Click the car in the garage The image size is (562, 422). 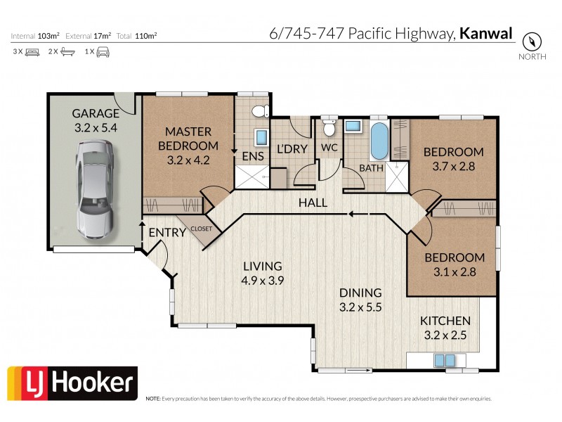[95, 187]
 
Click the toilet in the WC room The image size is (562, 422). [328, 127]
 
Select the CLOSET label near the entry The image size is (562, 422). [201, 228]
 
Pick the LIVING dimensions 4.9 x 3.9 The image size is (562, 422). [262, 280]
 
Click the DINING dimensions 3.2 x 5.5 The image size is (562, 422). [360, 307]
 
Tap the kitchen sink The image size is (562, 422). [445, 360]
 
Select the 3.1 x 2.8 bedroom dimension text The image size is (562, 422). [454, 271]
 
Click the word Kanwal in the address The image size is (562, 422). [485, 33]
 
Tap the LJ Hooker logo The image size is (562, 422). [72, 383]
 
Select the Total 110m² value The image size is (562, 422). [147, 34]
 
